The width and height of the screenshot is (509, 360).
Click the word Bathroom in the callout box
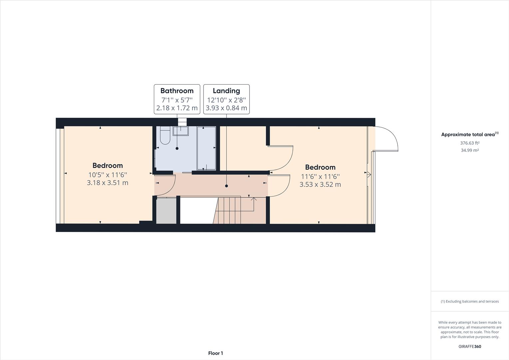177,91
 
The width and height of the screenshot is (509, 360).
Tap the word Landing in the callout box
226,91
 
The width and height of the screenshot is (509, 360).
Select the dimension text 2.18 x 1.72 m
177,108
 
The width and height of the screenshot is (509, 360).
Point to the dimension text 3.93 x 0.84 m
226,108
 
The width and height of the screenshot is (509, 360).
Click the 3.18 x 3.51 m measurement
107,183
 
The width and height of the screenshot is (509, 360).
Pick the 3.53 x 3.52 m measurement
320,184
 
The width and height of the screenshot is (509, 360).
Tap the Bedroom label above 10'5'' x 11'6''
107,165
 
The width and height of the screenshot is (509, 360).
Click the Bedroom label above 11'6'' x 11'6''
320,167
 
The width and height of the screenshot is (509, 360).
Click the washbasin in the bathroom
180,131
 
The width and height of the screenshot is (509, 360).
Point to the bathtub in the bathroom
206,148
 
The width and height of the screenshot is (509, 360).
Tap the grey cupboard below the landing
166,211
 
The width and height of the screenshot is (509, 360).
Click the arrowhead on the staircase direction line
254,199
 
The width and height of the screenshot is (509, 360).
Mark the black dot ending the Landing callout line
227,186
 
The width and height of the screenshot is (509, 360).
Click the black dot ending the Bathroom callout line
177,148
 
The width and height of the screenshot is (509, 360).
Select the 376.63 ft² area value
470,143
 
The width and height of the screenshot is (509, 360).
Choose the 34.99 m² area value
470,150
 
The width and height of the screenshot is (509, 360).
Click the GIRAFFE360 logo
470,346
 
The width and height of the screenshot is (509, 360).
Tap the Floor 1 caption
216,353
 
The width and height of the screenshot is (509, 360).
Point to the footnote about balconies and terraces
470,301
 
